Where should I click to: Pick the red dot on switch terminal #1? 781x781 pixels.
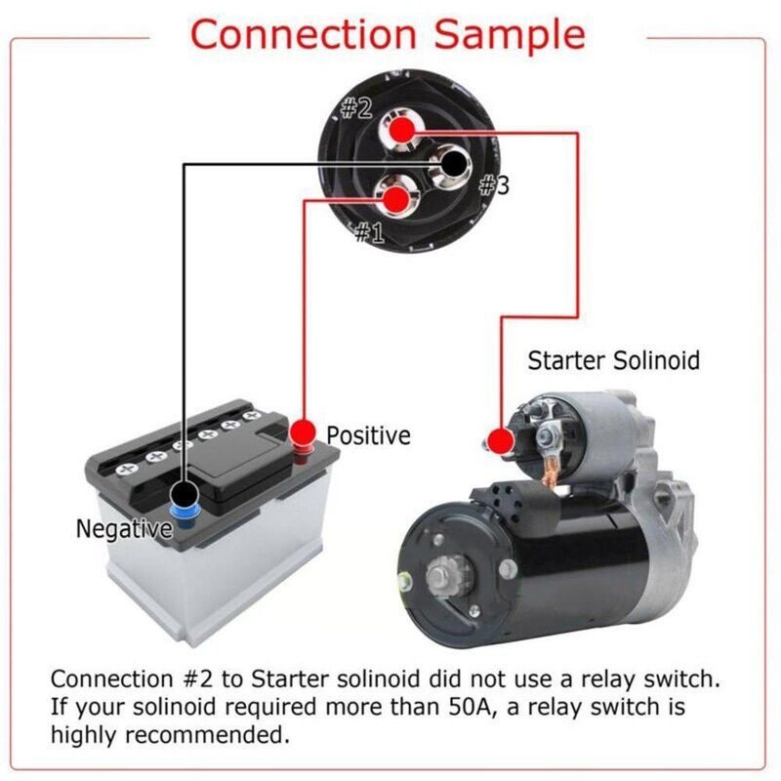point(394,199)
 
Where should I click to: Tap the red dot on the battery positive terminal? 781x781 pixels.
point(304,431)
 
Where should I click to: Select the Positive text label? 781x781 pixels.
point(368,435)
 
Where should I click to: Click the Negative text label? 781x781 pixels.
point(123,529)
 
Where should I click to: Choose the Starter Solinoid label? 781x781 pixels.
point(613,360)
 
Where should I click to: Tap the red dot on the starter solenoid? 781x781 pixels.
point(500,440)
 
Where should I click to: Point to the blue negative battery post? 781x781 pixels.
point(183,510)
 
